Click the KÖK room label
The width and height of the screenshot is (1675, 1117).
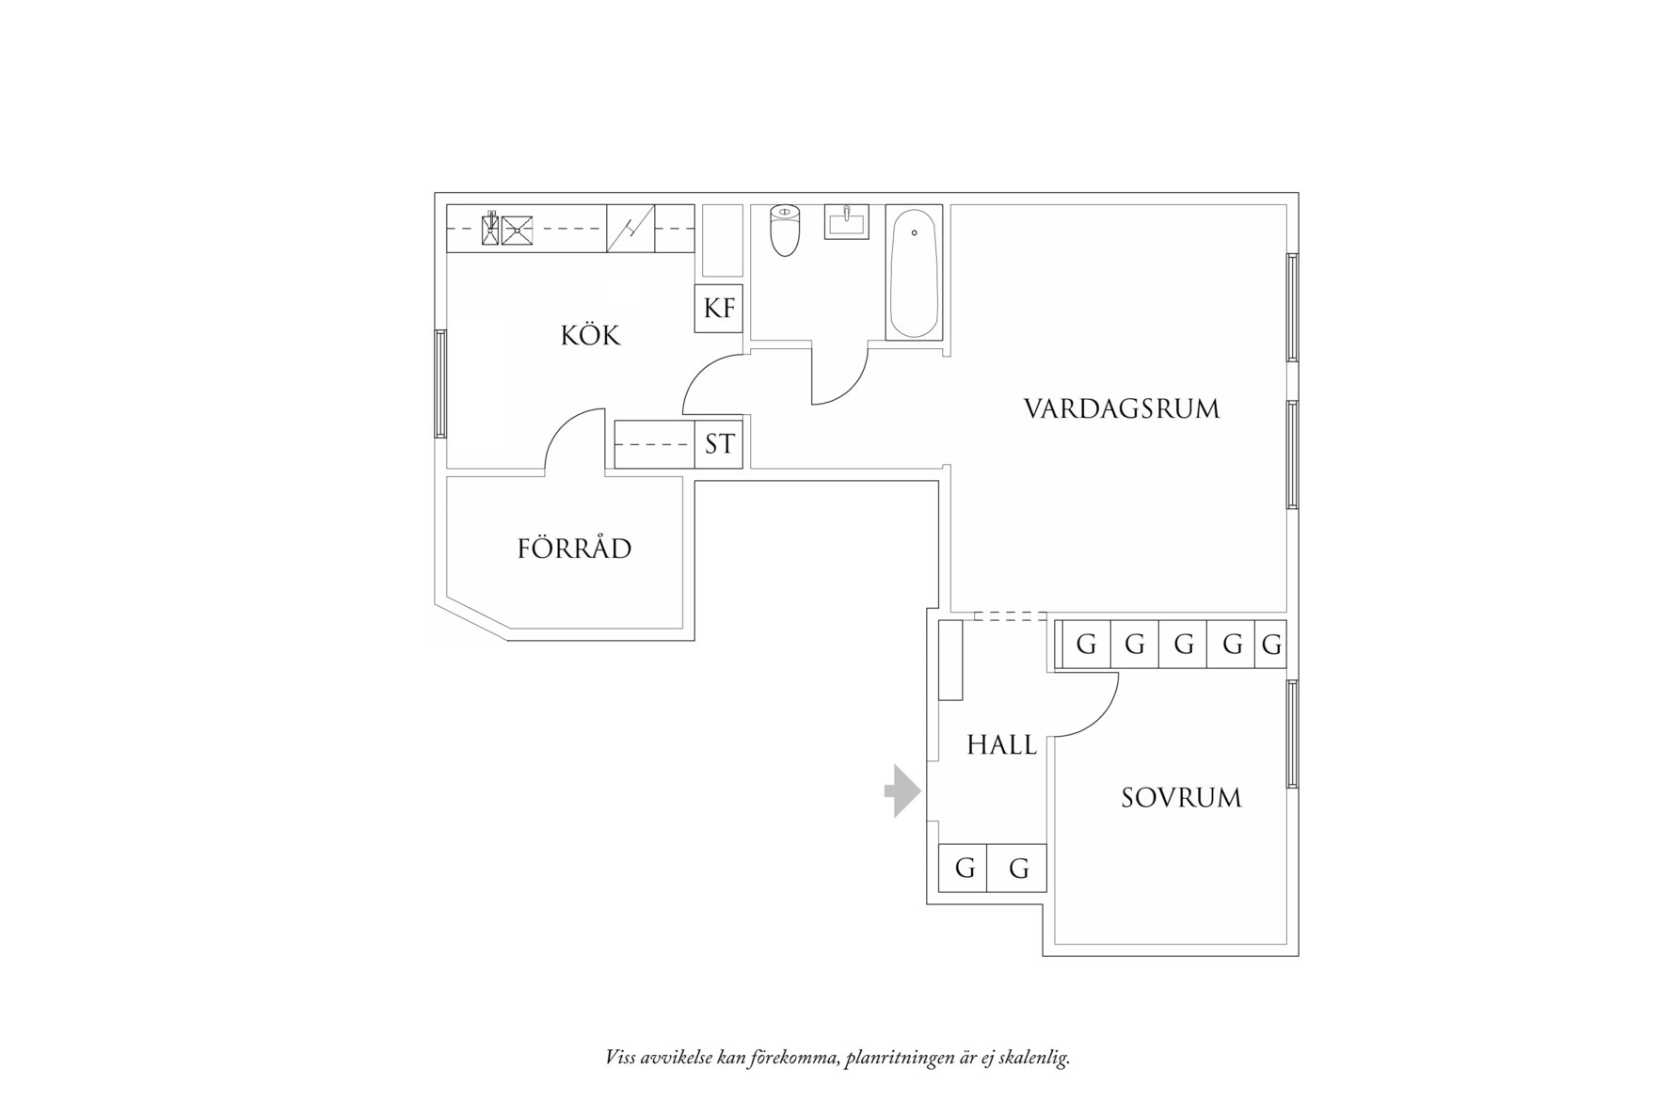pos(591,336)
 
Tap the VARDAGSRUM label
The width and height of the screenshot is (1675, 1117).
pos(1122,409)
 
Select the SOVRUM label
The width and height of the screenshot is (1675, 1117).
pos(1181,798)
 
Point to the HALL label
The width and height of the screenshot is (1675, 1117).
pos(1001,745)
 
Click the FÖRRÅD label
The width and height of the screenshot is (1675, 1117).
pos(574,549)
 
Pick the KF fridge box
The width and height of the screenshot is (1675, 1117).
pos(719,308)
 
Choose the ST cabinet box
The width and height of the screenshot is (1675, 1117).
pos(719,444)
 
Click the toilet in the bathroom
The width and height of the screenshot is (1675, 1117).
pos(784,231)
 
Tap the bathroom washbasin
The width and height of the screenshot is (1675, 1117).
pos(847,222)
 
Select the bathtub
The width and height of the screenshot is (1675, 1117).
pos(913,273)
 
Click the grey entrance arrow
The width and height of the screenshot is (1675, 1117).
pos(902,790)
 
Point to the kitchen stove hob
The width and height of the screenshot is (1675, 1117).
pos(517,229)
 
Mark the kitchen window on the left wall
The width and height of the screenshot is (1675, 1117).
pos(439,383)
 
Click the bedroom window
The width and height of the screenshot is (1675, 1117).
pos(1293,733)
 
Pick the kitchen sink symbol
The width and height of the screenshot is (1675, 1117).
pos(630,229)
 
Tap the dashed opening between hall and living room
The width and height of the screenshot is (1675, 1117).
pos(1010,616)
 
